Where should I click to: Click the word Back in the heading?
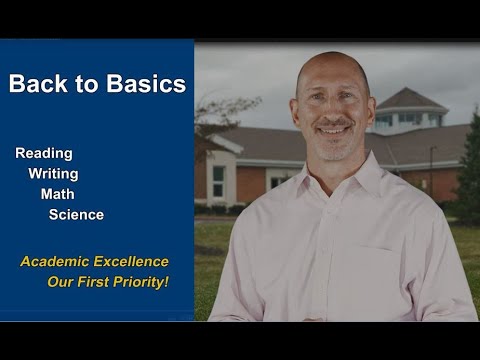(36, 84)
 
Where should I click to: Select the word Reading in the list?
(43, 153)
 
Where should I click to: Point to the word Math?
(57, 194)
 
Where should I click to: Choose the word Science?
(76, 214)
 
